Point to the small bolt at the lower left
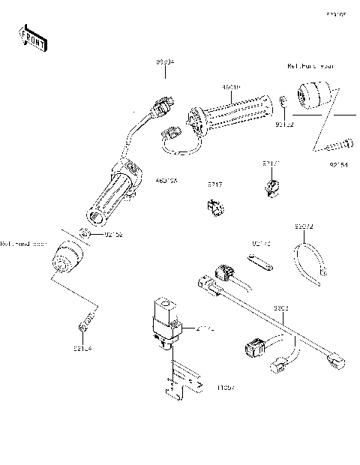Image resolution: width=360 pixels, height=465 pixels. tap(87, 321)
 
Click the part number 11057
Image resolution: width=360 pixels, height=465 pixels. tap(225, 388)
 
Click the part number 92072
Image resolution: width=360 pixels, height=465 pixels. tap(303, 225)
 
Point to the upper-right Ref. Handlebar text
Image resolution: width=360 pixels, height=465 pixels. tap(311, 66)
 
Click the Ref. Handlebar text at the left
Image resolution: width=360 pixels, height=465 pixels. tap(23, 244)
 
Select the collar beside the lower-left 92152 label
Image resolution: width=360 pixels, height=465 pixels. tap(88, 235)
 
